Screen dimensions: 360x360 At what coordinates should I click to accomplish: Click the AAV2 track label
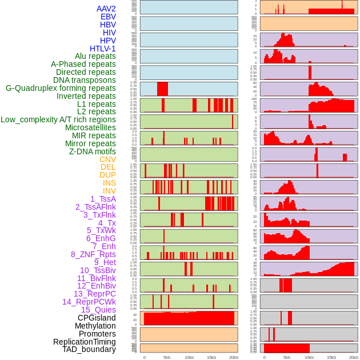point(106,9)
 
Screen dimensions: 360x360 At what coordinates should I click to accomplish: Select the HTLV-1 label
point(103,49)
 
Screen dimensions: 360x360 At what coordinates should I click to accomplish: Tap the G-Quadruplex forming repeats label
point(61,88)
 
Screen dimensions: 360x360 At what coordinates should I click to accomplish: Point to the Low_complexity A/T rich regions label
point(58,119)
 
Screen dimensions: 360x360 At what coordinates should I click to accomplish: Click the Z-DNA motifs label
point(93,151)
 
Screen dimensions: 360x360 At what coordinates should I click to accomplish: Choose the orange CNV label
point(107,159)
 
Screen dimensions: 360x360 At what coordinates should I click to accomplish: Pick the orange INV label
point(109,191)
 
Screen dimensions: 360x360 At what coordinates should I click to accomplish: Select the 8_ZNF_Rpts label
point(93,254)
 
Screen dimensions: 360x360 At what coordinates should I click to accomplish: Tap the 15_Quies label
point(98,310)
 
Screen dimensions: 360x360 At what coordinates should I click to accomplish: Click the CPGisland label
point(97,318)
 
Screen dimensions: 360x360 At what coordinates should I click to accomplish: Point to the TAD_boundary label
point(89,349)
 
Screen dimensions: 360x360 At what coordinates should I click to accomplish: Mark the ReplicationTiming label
point(85,342)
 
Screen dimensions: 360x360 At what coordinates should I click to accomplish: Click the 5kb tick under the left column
point(167,357)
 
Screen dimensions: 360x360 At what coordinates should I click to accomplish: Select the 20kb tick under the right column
point(354,357)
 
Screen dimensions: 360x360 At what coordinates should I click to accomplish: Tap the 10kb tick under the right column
point(309,357)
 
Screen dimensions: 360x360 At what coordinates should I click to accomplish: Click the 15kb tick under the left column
point(211,357)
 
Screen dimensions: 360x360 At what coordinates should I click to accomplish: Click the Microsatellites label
point(90,127)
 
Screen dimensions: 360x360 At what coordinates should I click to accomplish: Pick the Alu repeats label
point(95,56)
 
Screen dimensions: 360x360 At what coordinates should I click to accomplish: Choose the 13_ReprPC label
point(94,294)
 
